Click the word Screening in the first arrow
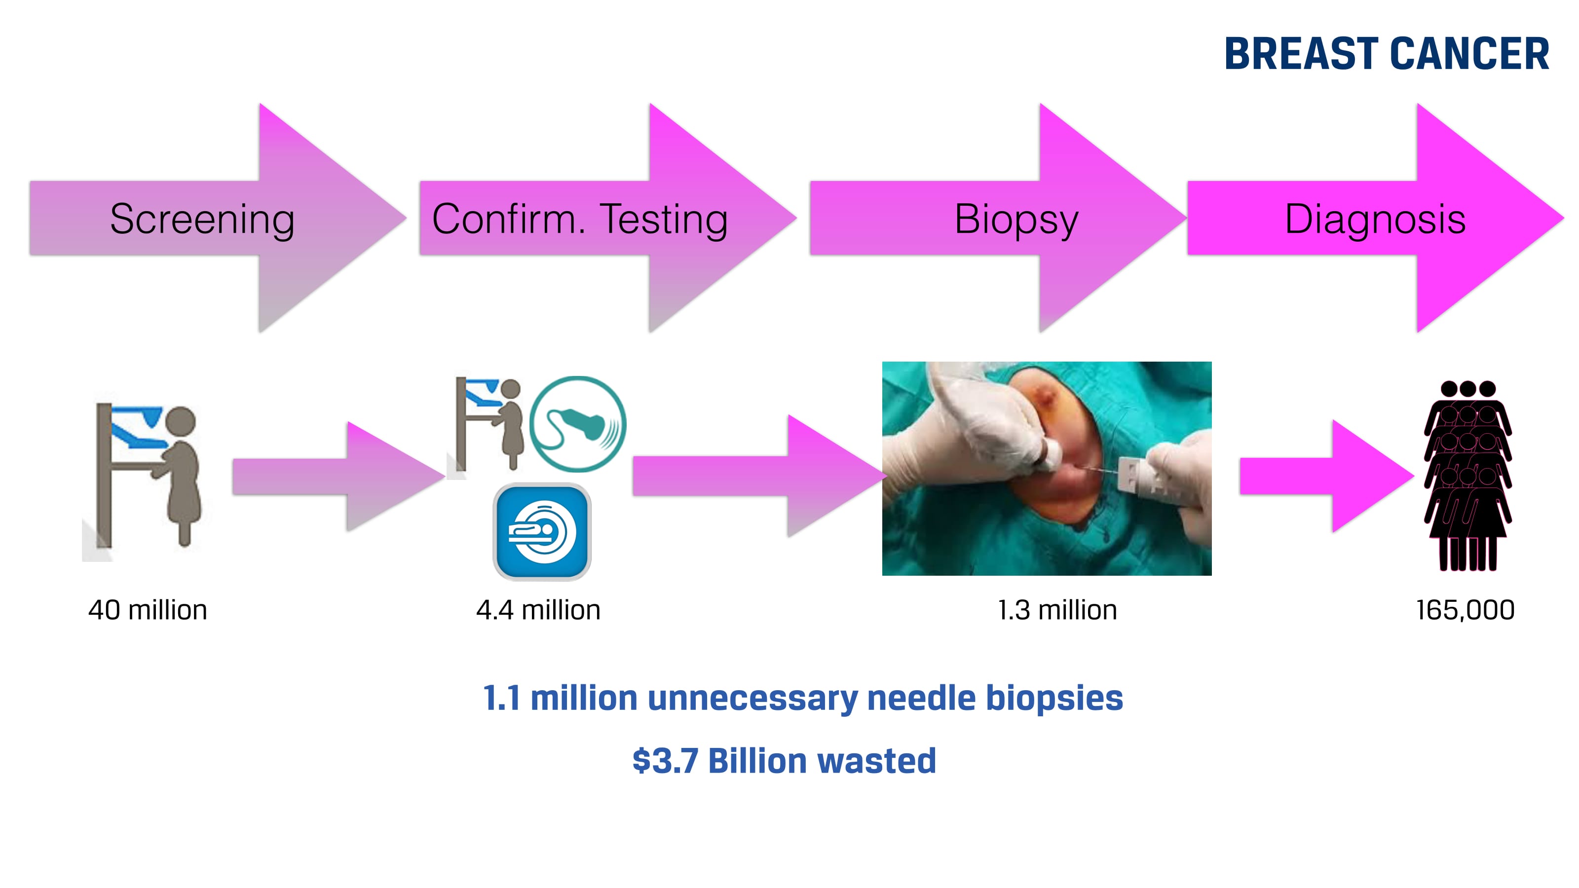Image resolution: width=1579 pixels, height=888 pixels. click(x=202, y=220)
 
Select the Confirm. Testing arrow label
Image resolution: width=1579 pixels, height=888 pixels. click(x=580, y=220)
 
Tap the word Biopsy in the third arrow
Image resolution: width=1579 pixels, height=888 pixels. click(x=1016, y=220)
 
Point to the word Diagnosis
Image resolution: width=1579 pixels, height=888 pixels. click(x=1375, y=220)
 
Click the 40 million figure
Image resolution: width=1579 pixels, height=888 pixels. click(x=148, y=610)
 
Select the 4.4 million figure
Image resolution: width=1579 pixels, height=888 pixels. click(x=538, y=610)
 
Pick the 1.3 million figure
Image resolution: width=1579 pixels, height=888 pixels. click(x=1057, y=610)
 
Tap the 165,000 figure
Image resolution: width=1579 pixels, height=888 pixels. click(x=1465, y=610)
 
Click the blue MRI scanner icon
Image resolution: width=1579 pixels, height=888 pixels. click(x=542, y=532)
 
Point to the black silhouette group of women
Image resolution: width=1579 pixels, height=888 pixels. click(x=1467, y=476)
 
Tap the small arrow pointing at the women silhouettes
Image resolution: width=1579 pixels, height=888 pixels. click(x=1326, y=476)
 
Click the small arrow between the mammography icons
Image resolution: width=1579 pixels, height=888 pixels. click(x=338, y=476)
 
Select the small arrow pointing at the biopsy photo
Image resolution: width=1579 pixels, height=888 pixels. click(x=759, y=476)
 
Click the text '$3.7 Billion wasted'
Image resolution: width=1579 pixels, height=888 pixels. click(x=784, y=761)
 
